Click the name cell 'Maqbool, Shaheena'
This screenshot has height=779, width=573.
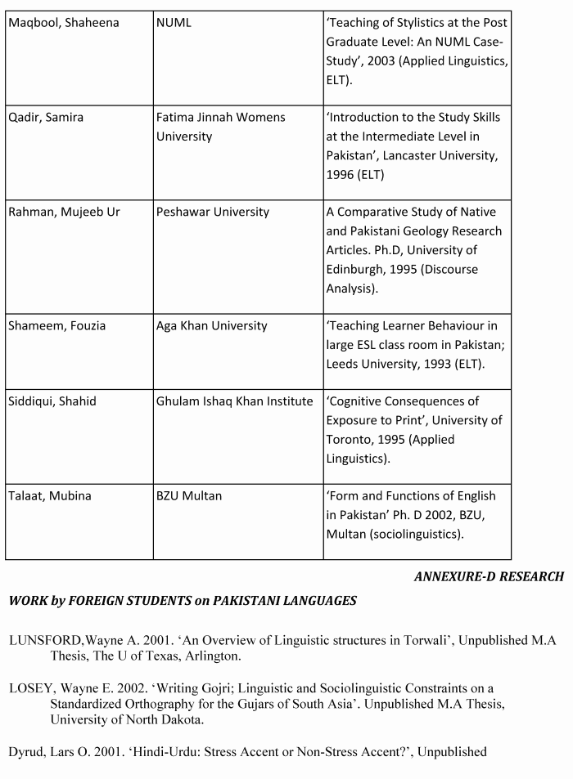point(63,23)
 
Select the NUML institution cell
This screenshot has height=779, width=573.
point(174,23)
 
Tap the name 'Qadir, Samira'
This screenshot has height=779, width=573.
point(46,118)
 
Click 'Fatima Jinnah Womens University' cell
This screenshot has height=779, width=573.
point(220,127)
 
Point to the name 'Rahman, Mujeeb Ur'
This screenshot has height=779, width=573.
point(64,213)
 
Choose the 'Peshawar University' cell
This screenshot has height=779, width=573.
point(213,213)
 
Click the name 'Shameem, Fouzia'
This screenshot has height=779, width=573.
point(57,326)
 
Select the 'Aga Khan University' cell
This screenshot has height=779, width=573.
point(212,326)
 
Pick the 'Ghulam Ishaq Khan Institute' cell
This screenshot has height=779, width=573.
point(235,401)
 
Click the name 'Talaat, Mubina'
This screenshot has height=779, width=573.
point(50,496)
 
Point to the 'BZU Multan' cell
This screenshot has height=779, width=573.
point(189,496)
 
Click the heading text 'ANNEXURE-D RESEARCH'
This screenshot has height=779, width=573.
point(489,577)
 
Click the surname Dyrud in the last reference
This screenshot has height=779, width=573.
point(25,752)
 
